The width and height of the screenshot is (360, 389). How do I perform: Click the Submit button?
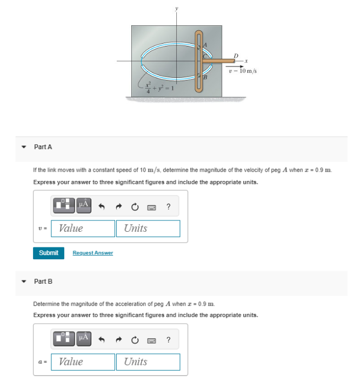click(49, 253)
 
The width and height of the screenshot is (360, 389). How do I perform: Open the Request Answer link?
click(92, 253)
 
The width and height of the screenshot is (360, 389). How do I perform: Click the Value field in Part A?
click(83, 229)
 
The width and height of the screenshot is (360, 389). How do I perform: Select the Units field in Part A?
click(148, 229)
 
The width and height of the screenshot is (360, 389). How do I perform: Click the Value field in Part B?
click(83, 362)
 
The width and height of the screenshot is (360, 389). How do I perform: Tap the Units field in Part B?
click(148, 362)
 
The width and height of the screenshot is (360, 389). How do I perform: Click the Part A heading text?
click(43, 147)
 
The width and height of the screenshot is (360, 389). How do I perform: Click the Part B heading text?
click(43, 281)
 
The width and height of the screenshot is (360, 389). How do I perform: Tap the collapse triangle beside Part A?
click(23, 147)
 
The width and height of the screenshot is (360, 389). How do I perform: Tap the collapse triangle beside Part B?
click(23, 281)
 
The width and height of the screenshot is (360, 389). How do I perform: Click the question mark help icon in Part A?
click(169, 206)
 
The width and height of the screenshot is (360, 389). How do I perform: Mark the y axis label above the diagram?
click(175, 9)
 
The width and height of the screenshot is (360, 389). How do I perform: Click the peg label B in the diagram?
click(206, 79)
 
